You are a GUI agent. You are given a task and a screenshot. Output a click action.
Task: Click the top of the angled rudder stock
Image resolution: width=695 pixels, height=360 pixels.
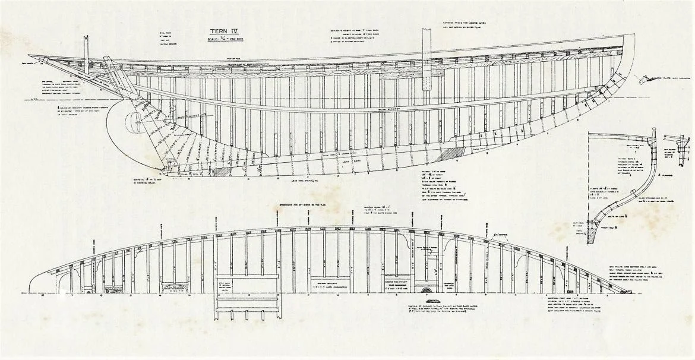[108, 60]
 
